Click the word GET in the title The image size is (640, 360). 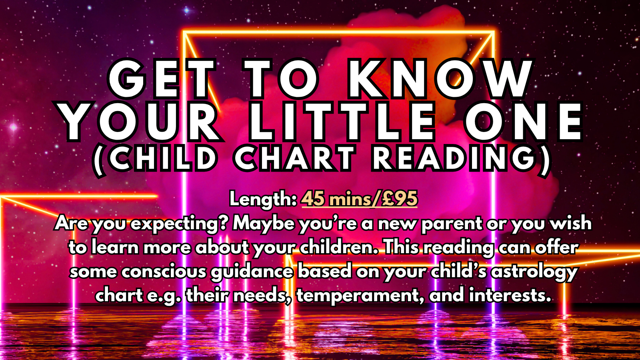point(162,79)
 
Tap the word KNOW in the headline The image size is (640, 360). point(440,79)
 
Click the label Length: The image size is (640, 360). point(263,199)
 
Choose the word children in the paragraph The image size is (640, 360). point(338,248)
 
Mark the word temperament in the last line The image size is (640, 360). point(360,296)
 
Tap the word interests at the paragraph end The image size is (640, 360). point(510,295)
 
